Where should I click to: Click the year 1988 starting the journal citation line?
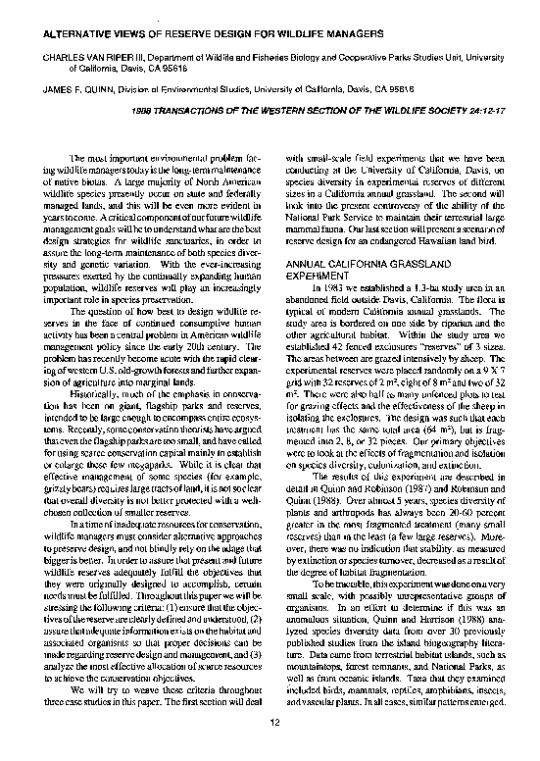click(144, 111)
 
